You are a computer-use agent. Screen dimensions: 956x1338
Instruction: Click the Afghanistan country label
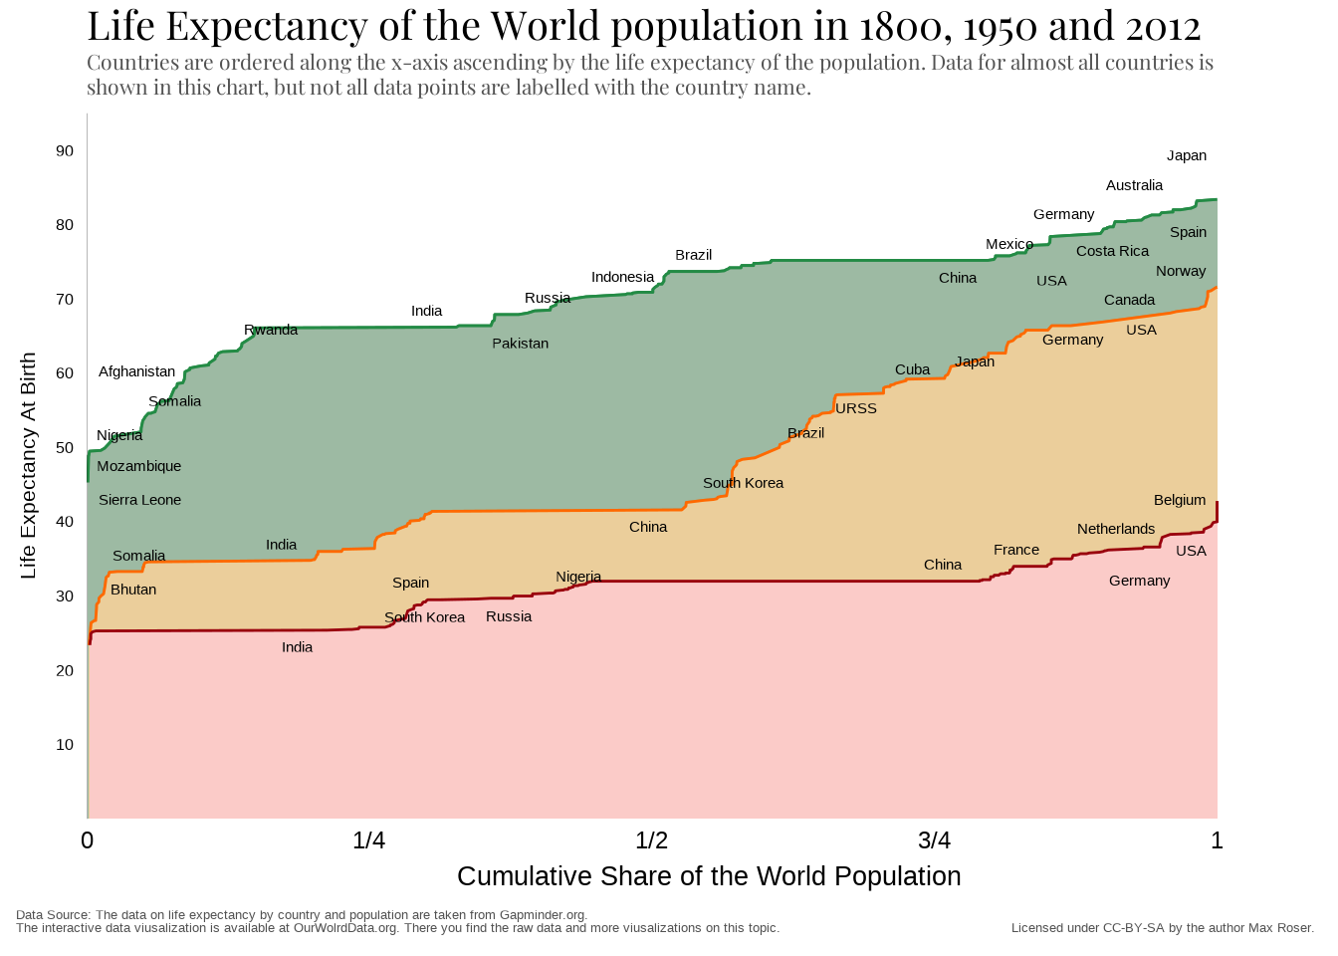coord(136,371)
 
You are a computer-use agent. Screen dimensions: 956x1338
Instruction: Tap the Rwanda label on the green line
coord(271,330)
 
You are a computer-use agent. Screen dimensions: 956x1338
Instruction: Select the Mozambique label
coord(138,466)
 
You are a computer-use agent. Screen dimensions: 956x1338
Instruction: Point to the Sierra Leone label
coord(139,500)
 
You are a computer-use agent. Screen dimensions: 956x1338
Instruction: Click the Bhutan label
coord(133,590)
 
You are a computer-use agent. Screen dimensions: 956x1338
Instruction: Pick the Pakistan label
coord(520,344)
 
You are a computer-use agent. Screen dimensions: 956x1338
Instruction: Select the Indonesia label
coord(622,277)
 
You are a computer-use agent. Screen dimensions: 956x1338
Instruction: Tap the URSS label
coord(856,408)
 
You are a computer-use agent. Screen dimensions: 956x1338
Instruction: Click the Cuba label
coord(912,369)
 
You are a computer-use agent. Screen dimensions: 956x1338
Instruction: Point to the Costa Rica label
coord(1112,251)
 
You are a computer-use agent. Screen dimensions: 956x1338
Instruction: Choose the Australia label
coord(1134,185)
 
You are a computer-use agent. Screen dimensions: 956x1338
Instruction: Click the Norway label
coord(1181,271)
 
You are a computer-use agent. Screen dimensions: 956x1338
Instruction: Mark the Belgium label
coord(1180,500)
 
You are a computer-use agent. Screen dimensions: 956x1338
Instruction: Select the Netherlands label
coord(1116,529)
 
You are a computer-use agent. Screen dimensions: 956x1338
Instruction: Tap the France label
coord(1015,550)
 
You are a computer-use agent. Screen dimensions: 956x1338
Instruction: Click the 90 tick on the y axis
coord(65,151)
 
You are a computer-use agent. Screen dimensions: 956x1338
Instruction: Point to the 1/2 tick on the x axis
coord(651,840)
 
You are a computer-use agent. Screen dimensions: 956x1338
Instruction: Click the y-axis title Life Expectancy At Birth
coord(28,465)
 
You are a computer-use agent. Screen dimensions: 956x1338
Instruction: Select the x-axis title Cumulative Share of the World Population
coord(709,876)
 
